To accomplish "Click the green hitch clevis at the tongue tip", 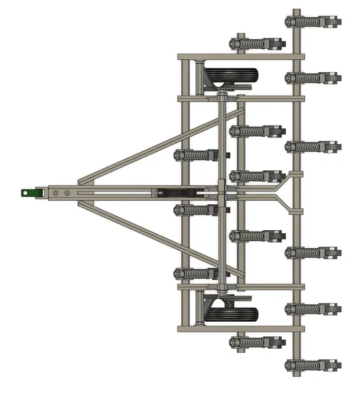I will [x=29, y=192].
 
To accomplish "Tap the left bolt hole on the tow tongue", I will [x=56, y=193].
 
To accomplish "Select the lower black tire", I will [x=231, y=314].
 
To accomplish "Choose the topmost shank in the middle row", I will [x=257, y=44].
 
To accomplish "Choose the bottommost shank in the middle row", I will [x=257, y=342].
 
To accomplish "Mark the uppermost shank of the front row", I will [x=196, y=155].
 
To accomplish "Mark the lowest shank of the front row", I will [x=196, y=273].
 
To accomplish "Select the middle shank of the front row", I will [x=196, y=210].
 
